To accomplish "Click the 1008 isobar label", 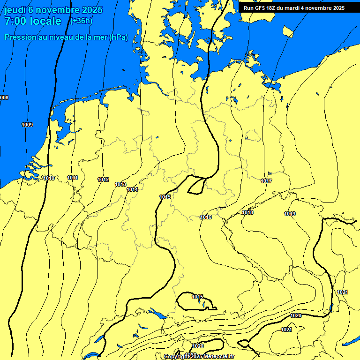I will point(4,97).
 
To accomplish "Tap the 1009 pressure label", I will point(27,125).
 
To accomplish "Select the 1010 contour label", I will point(48,178).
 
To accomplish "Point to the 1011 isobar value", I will point(72,178).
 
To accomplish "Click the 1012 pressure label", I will point(103,180).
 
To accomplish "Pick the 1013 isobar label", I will point(120,184).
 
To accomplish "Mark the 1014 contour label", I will point(132,189).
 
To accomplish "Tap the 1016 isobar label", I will point(206,217).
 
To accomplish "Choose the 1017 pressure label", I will point(266,181).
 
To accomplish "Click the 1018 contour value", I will point(247,213).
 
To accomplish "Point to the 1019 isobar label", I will point(290,214).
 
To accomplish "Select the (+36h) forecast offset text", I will point(81,21).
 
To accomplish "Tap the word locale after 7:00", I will point(45,21).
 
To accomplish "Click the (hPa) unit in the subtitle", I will point(119,37).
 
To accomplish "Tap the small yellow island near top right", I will point(288,31).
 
